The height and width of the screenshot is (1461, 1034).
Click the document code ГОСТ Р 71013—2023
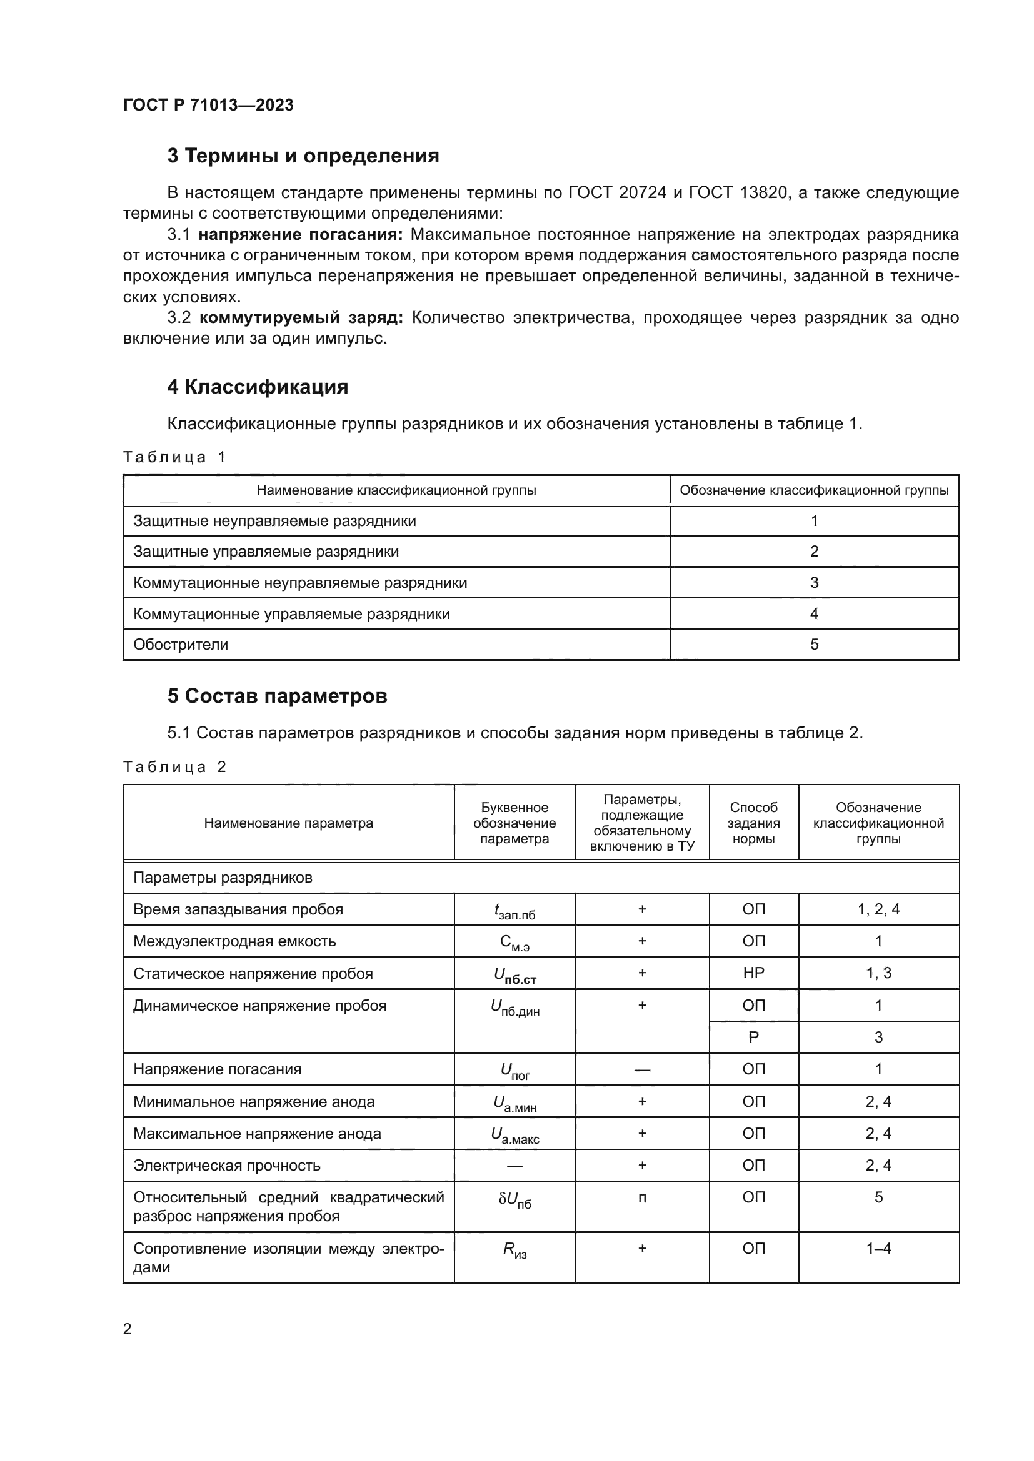pos(208,105)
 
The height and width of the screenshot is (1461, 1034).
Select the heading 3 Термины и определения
pos(303,156)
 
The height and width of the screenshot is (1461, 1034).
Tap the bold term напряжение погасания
pos(301,235)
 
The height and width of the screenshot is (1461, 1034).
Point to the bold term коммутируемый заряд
pos(301,317)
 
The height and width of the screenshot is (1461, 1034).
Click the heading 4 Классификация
pos(257,387)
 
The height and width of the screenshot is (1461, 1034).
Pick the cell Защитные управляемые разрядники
pos(266,552)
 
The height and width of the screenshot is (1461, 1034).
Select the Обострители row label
pos(181,645)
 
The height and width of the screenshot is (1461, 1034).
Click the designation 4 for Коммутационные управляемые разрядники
pos(814,614)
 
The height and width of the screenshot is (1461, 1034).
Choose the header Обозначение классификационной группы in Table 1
pos(814,490)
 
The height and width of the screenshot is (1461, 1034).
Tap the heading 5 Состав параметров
pos(277,696)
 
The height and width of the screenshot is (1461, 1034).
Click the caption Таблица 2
pos(174,767)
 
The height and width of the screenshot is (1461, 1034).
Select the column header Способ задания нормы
pos(753,823)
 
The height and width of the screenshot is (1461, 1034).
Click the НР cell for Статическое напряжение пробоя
pos(753,973)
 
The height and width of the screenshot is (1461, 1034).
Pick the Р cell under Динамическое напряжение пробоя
pos(753,1038)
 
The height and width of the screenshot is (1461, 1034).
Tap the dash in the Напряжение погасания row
pos(642,1069)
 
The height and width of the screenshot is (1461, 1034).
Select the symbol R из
pos(514,1250)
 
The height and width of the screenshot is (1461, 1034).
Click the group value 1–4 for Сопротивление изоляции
pos(878,1249)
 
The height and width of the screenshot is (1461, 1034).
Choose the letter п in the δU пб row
pos(642,1198)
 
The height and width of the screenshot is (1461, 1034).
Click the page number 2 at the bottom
pos(128,1329)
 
